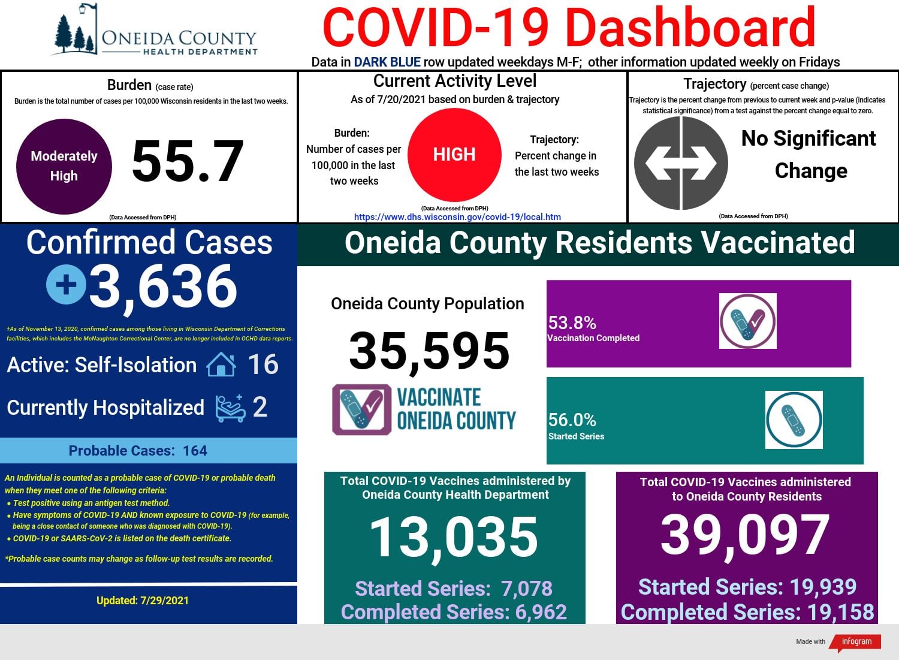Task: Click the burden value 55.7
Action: click(x=188, y=162)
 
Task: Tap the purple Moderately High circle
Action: click(x=64, y=166)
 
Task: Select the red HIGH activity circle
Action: click(x=454, y=155)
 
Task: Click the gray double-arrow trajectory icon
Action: click(x=681, y=163)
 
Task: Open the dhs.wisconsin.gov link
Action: click(x=457, y=217)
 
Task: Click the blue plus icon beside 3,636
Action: click(x=66, y=284)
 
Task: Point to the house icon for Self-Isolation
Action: click(x=221, y=364)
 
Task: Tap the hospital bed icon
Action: click(x=230, y=408)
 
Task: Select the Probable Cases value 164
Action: click(x=195, y=450)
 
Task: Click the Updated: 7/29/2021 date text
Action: click(x=143, y=600)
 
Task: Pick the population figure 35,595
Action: click(x=429, y=351)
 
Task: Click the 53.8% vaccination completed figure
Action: click(x=572, y=323)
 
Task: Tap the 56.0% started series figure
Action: click(x=572, y=420)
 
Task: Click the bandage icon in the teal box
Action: click(x=794, y=420)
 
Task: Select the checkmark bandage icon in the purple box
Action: click(x=748, y=321)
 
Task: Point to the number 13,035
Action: click(x=454, y=538)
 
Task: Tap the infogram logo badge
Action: click(x=856, y=641)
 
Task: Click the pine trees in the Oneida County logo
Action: click(x=74, y=35)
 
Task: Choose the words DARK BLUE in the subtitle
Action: click(x=387, y=62)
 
